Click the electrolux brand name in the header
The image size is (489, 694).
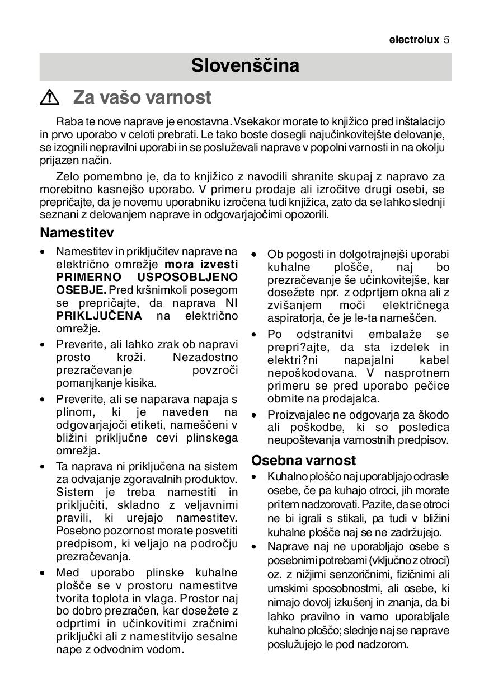point(414,40)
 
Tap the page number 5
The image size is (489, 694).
point(447,40)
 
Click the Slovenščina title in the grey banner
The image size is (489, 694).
point(245,66)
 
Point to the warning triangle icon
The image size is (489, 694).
point(50,98)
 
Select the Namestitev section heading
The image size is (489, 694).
point(77,232)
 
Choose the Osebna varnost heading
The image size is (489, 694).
point(303,461)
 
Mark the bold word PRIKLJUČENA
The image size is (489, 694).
point(99,316)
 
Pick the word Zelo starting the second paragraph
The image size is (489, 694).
point(67,176)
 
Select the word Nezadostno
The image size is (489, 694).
point(205,358)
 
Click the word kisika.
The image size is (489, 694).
point(140,383)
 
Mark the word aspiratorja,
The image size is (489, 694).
point(294,318)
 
